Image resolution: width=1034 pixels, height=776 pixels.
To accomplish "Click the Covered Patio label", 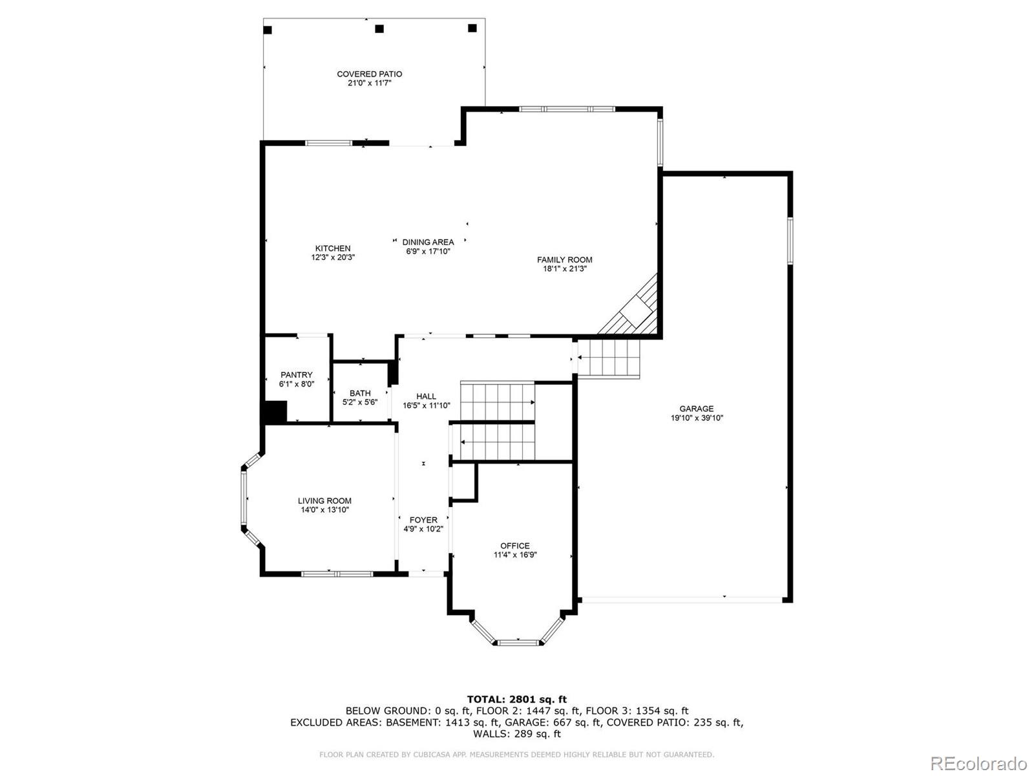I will [x=369, y=74].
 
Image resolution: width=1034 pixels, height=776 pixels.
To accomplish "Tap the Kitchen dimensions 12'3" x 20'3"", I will [x=333, y=257].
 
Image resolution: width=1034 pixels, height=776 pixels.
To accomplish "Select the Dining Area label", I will [x=428, y=242].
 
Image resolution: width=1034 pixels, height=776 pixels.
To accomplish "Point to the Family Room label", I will [x=564, y=260].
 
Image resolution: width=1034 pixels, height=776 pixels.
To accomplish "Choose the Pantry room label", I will [x=296, y=375].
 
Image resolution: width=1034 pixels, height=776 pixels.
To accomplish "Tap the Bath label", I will [x=360, y=393].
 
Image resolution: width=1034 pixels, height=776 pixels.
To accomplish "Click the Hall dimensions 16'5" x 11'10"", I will [x=426, y=406].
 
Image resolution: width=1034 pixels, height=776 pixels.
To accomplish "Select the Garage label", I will [x=696, y=409].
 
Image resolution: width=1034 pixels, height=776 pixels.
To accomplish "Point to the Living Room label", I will [x=324, y=501].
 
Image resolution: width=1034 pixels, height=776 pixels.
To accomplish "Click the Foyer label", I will [x=423, y=520].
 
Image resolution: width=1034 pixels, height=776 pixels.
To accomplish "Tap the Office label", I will [x=515, y=546].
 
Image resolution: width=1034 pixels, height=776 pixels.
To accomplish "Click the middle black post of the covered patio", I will [x=379, y=28].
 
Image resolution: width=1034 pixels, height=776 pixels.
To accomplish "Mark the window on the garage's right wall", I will [x=790, y=241].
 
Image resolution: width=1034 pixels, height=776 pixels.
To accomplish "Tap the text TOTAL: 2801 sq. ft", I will [x=516, y=699].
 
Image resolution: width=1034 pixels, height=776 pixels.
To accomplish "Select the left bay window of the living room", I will [x=244, y=497].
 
